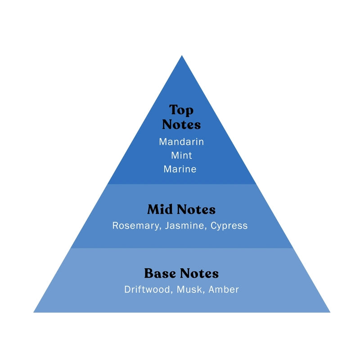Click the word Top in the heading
pyautogui.click(x=181, y=110)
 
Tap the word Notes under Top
pyautogui.click(x=181, y=124)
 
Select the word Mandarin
pyautogui.click(x=181, y=142)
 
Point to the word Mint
pyautogui.click(x=181, y=155)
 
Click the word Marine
pyautogui.click(x=180, y=169)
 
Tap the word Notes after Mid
pyautogui.click(x=196, y=210)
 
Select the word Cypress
pyautogui.click(x=230, y=226)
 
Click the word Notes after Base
pyautogui.click(x=199, y=273)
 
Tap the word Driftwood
pyautogui.click(x=147, y=289)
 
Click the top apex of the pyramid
pyautogui.click(x=182, y=56)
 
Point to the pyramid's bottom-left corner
pyautogui.click(x=35, y=311)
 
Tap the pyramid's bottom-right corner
pyautogui.click(x=329, y=311)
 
